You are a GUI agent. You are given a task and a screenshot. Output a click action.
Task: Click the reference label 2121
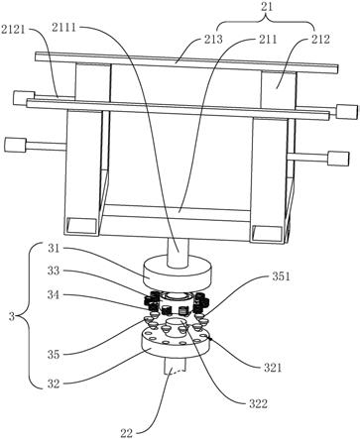[13, 30]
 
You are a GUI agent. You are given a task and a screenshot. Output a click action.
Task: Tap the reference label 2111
[63, 28]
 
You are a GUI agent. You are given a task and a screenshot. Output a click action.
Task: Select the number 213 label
[213, 40]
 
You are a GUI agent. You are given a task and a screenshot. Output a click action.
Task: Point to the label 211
[268, 40]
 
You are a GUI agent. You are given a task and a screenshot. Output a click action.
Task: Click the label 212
[320, 40]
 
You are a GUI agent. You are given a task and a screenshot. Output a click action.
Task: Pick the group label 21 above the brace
[267, 7]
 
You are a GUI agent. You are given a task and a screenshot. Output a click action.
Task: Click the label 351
[281, 276]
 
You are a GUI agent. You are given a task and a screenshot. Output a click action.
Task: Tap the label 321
[273, 367]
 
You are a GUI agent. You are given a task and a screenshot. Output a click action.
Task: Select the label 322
[258, 403]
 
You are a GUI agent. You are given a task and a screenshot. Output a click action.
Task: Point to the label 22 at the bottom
[126, 433]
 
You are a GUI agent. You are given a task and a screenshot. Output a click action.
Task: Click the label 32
[54, 384]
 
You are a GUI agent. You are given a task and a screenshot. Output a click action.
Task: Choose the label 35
[54, 355]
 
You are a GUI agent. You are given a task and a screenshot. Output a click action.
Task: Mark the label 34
[54, 294]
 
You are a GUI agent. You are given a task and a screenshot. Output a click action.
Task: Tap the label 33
[54, 271]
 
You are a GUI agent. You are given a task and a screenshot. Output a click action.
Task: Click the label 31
[54, 248]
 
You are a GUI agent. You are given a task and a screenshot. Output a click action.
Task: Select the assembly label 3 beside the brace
[12, 317]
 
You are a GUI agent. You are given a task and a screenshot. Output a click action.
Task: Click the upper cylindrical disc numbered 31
[178, 272]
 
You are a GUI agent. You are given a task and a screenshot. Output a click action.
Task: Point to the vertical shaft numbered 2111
[178, 252]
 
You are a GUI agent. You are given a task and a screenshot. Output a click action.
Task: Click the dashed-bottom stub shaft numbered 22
[176, 366]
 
